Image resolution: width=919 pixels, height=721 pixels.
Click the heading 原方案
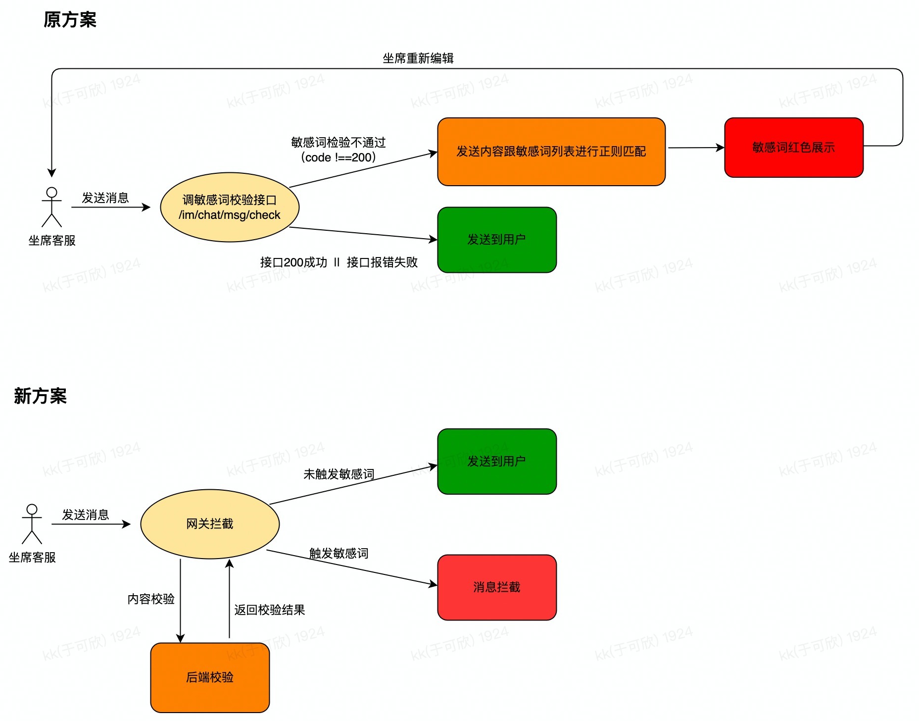(70, 20)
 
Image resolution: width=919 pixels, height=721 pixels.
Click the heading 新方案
(40, 396)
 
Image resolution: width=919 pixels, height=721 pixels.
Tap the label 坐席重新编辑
(418, 58)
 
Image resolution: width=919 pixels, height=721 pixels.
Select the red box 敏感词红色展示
(793, 148)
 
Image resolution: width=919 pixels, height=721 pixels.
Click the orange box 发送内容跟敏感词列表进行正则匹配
(551, 152)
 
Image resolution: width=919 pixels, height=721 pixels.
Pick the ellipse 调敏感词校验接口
(230, 207)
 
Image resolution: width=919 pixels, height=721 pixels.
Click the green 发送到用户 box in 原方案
(496, 240)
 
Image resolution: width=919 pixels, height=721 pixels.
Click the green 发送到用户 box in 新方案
(496, 462)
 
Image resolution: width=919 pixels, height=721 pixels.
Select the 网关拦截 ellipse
(210, 524)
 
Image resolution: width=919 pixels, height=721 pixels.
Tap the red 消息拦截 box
(496, 587)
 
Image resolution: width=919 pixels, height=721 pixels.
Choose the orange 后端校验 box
(210, 677)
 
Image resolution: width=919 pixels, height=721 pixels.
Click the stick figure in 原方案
(51, 207)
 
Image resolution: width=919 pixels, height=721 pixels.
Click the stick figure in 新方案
(32, 524)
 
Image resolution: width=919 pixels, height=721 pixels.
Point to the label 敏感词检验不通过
(338, 143)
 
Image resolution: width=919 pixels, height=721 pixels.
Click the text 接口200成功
(293, 262)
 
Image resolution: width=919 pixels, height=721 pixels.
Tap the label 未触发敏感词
(339, 474)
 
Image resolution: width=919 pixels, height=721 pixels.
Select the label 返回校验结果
(269, 610)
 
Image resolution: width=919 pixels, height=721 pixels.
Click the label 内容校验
(151, 599)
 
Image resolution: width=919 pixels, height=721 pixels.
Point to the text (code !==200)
(338, 157)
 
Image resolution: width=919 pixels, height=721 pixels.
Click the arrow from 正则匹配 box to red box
(695, 148)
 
